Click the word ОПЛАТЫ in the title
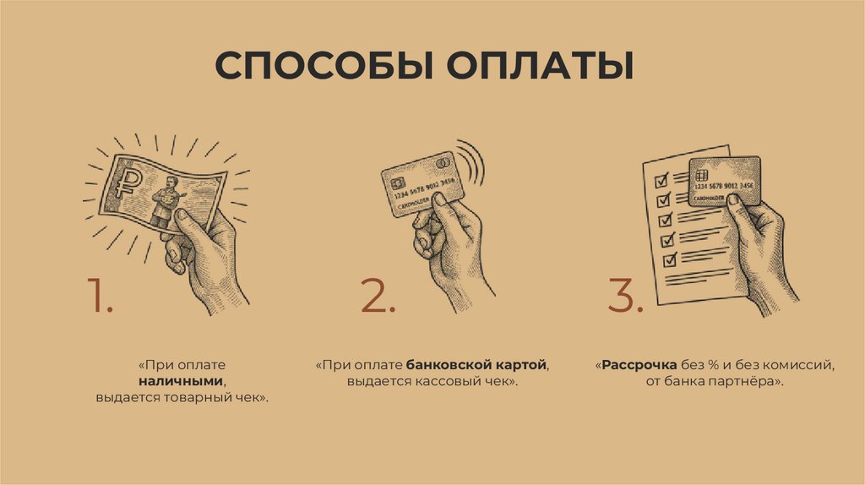540,66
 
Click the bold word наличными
181,381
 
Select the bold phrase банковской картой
476,365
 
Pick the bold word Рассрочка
639,365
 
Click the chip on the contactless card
398,183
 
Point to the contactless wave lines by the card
472,161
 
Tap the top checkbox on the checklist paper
661,180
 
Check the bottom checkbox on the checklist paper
670,259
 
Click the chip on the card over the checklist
702,175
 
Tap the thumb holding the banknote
188,222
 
